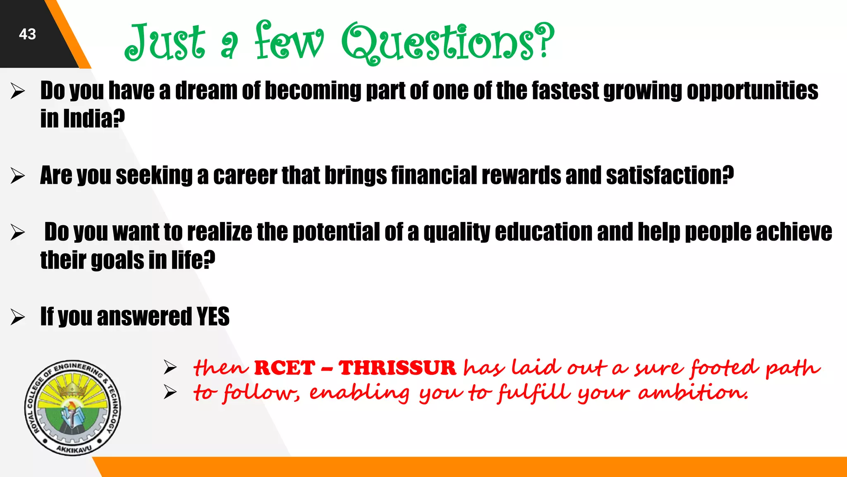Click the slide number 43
(x=27, y=34)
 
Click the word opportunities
(x=752, y=91)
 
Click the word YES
(x=213, y=317)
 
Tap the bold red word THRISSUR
(x=397, y=368)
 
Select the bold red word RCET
(x=285, y=368)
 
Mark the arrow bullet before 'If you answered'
(x=18, y=317)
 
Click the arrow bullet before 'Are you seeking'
(x=18, y=176)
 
